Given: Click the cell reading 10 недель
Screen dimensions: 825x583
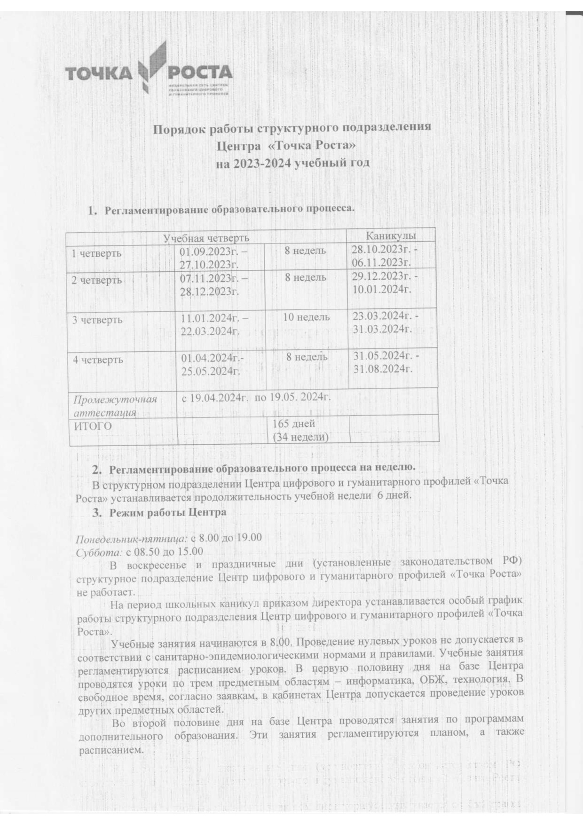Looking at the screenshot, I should coord(306,317).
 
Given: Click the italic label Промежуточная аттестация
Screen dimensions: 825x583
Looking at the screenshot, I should coord(115,406).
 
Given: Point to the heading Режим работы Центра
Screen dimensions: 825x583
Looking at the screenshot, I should coord(168,512).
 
